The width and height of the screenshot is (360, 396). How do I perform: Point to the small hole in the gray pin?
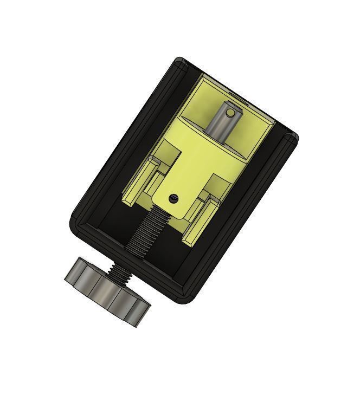pos(230,113)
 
